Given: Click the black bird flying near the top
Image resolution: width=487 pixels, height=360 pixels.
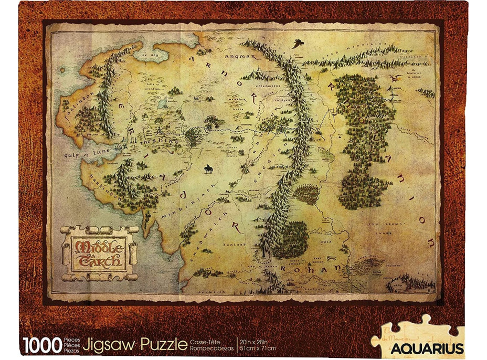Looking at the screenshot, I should coord(297,43).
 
